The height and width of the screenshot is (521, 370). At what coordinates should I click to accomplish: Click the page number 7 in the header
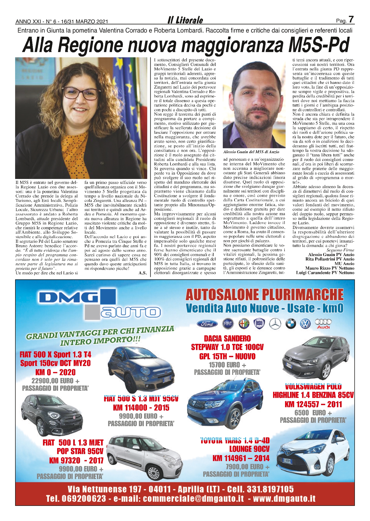tap(351, 19)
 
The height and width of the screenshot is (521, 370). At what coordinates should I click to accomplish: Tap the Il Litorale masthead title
tap(185, 20)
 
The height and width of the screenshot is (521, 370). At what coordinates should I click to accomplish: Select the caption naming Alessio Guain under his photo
tap(251, 152)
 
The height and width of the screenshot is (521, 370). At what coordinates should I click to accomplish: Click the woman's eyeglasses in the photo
tap(81, 93)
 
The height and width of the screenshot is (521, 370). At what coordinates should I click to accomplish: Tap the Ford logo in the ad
tap(207, 324)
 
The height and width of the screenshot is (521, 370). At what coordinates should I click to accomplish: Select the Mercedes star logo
tap(275, 324)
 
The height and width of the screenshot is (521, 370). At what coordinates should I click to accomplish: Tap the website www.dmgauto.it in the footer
tap(284, 499)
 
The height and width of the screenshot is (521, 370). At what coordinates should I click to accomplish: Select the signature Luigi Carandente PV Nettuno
tap(325, 272)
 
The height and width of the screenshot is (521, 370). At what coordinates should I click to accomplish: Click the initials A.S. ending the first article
tap(143, 273)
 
